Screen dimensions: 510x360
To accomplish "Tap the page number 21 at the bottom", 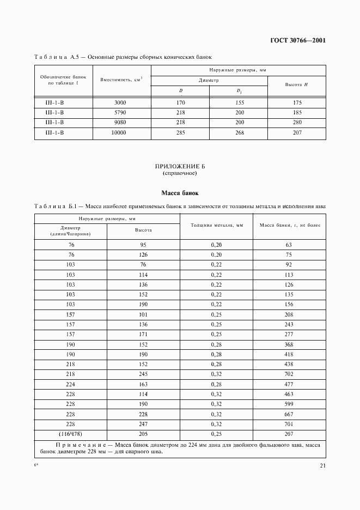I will click(x=322, y=465).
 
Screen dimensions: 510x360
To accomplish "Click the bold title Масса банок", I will click(x=180, y=193).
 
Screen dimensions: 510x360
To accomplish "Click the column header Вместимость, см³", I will click(x=121, y=80).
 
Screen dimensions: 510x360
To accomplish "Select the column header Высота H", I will click(x=297, y=85).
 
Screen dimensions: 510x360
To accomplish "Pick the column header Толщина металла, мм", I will click(x=216, y=225).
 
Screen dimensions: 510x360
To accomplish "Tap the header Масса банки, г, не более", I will click(x=289, y=225).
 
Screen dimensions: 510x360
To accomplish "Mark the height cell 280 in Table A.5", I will click(x=297, y=123).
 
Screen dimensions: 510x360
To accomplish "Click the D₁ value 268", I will click(x=239, y=132).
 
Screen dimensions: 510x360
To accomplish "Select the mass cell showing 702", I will click(x=289, y=374).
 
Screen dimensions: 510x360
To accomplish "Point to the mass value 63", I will click(x=289, y=245).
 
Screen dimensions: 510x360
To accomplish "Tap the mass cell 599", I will click(x=289, y=403).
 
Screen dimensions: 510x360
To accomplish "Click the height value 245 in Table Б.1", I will click(x=144, y=374).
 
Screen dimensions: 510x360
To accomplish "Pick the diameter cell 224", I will click(x=71, y=384).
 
